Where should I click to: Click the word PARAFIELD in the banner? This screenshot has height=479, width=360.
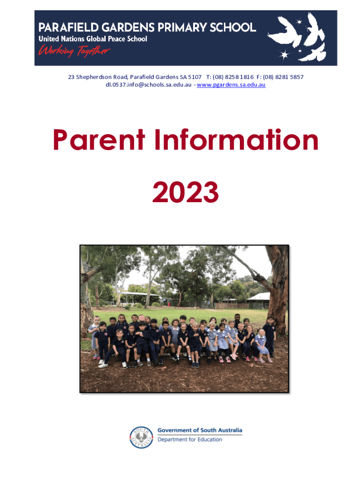pos(68,28)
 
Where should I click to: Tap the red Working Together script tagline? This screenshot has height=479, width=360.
pos(74,51)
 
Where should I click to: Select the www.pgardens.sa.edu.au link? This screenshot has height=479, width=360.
pos(231,85)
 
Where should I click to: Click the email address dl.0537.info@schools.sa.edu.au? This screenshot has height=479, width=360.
pos(148,85)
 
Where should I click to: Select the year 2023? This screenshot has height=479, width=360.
pos(185,192)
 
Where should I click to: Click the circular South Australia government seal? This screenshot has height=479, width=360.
pos(141,437)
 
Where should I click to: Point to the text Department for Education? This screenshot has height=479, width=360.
pos(190,439)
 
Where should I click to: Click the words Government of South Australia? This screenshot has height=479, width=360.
pos(200,430)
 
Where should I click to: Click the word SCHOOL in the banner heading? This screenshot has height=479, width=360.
pos(233,28)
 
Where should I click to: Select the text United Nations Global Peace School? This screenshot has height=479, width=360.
pos(93,39)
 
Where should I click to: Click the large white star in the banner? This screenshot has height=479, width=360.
pos(284,55)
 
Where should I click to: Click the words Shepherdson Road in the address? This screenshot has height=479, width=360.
pos(101,77)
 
